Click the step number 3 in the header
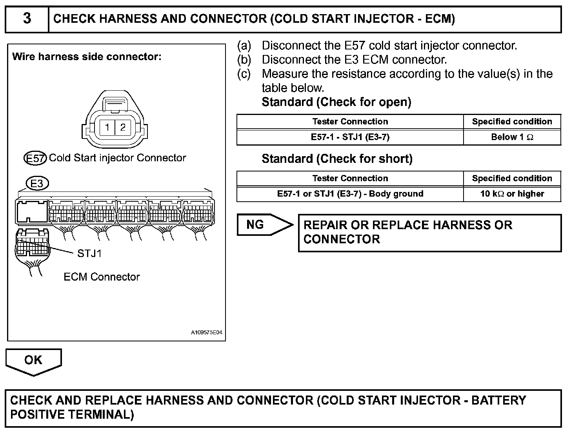click(x=27, y=18)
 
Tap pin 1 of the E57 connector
click(x=107, y=127)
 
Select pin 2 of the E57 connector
click(x=123, y=127)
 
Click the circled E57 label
click(x=35, y=158)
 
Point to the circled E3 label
click(x=37, y=183)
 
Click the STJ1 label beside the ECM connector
click(x=89, y=253)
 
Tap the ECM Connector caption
click(x=102, y=277)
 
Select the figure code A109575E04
click(x=206, y=333)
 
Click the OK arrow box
click(x=33, y=360)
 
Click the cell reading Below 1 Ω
click(x=512, y=137)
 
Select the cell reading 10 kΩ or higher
click(x=512, y=194)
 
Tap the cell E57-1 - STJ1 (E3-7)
click(x=350, y=137)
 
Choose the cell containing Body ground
click(x=350, y=194)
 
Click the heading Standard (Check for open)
click(x=336, y=102)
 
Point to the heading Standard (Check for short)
click(x=337, y=159)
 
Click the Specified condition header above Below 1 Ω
click(x=512, y=122)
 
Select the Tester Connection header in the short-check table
click(x=350, y=179)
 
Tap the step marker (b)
click(x=244, y=60)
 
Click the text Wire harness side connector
click(x=87, y=57)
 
